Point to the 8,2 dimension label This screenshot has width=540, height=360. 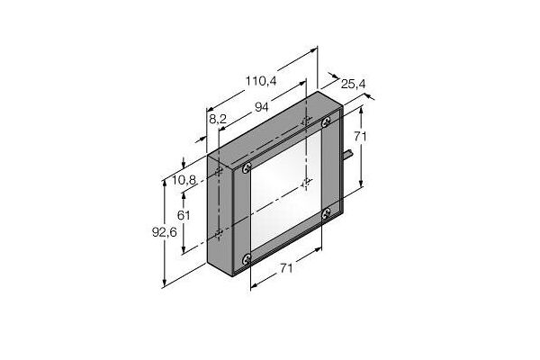click(x=217, y=118)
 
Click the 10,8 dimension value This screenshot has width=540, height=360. click(x=184, y=181)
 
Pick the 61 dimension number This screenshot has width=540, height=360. click(x=184, y=216)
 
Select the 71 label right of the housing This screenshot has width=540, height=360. click(x=359, y=136)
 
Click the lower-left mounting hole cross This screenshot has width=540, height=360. click(x=220, y=233)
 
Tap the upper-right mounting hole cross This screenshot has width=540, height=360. click(x=308, y=121)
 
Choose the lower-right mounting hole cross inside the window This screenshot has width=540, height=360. click(x=308, y=183)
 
